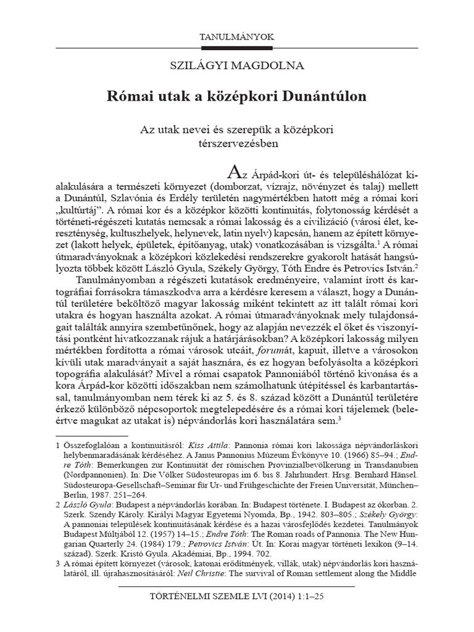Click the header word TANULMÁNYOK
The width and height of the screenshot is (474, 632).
[236, 38]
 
